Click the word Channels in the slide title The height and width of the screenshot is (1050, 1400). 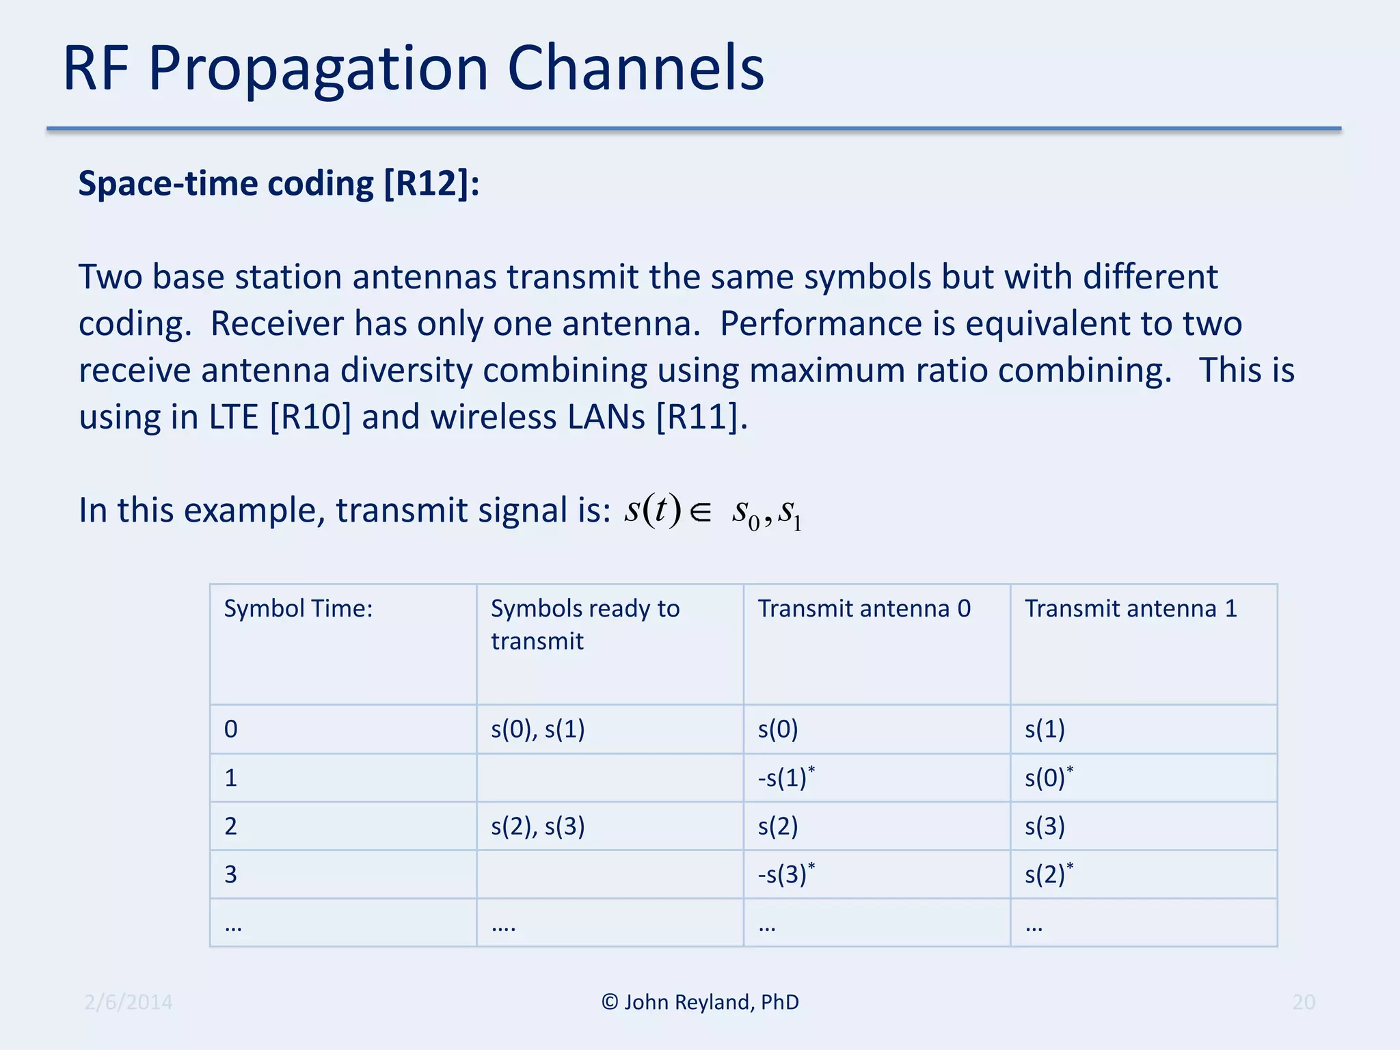coord(635,68)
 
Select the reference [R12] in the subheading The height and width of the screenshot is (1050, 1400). coord(431,183)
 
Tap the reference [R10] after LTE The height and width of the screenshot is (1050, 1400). coord(310,417)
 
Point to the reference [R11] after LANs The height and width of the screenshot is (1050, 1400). coord(701,417)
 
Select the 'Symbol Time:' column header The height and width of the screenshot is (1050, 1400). coord(298,608)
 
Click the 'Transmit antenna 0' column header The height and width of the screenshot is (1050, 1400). coord(863,608)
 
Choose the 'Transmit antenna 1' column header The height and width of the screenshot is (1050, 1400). coord(1131,608)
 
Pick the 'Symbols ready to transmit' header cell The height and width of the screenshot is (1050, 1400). coord(584,624)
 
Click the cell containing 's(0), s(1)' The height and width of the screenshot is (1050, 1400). coord(537,729)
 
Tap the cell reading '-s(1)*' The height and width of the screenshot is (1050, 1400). coord(786,777)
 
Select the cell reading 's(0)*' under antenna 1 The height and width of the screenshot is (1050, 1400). coord(1049,777)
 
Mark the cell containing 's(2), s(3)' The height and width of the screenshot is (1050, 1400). coord(537,826)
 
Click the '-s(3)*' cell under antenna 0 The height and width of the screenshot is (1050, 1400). coord(786,874)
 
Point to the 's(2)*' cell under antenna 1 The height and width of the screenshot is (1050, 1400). coord(1049,874)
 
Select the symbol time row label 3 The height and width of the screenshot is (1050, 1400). coord(231,874)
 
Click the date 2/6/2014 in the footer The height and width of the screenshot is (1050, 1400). coord(129,1002)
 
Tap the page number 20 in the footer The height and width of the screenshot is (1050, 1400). coord(1304,1002)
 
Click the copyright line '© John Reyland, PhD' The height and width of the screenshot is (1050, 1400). coord(700,1002)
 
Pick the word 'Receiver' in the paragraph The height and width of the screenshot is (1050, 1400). coord(277,324)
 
